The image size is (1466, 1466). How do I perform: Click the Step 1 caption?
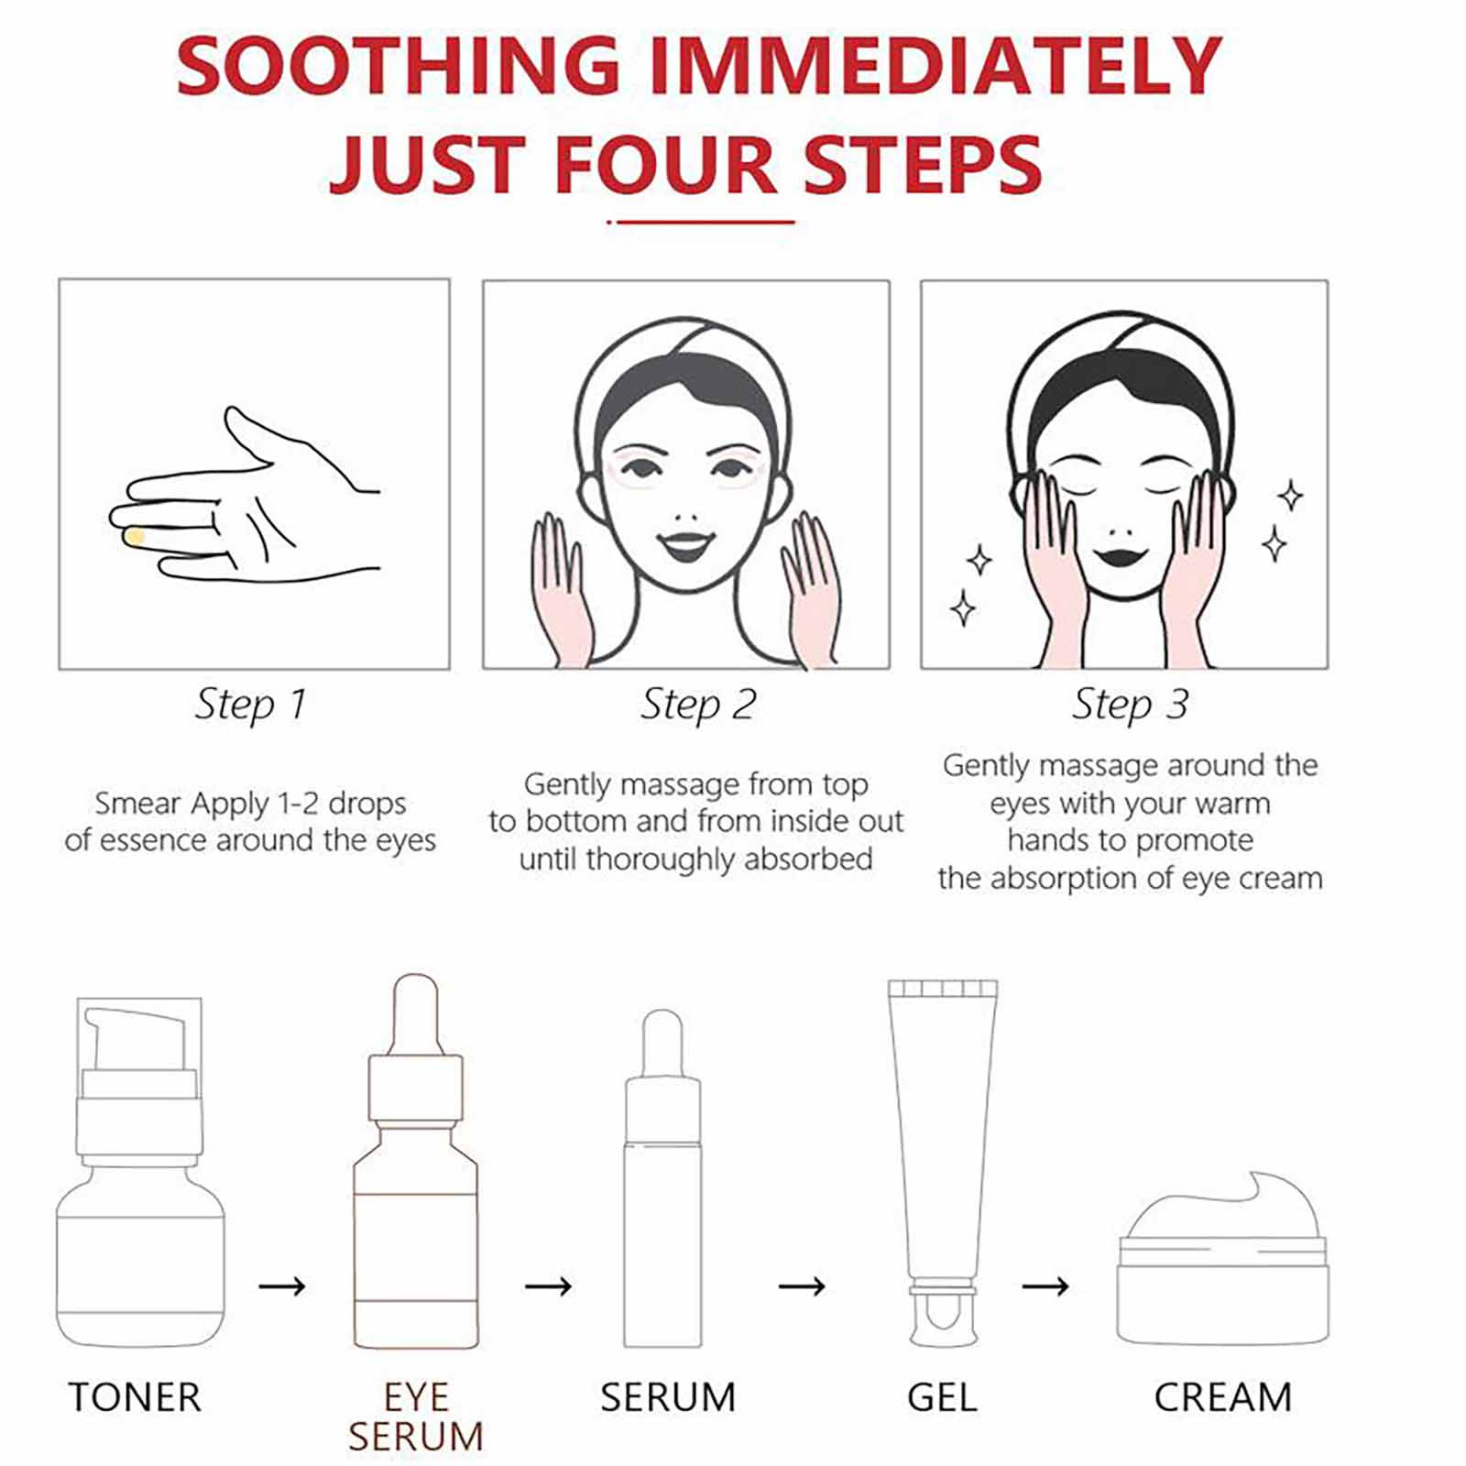(x=250, y=705)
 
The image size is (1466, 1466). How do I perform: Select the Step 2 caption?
(x=697, y=705)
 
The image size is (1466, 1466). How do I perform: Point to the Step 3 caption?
(x=1130, y=705)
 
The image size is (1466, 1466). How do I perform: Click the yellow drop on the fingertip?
(x=135, y=537)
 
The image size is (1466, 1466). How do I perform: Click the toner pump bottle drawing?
(x=140, y=1172)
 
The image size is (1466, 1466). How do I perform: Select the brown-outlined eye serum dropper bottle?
(x=415, y=1161)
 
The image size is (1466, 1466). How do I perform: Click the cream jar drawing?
(x=1222, y=1259)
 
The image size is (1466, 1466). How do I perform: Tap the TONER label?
(x=135, y=1397)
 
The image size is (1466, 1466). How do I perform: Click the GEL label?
(x=942, y=1397)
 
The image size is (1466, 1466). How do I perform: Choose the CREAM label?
(x=1222, y=1397)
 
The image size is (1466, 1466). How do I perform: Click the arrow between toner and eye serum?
(x=281, y=1286)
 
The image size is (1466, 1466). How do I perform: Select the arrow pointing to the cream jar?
(x=1045, y=1286)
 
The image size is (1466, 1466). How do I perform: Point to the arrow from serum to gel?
(x=802, y=1286)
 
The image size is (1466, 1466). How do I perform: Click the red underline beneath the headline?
(x=701, y=222)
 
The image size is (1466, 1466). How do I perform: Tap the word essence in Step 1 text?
(x=150, y=841)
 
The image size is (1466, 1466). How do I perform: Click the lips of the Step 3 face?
(x=1121, y=555)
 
